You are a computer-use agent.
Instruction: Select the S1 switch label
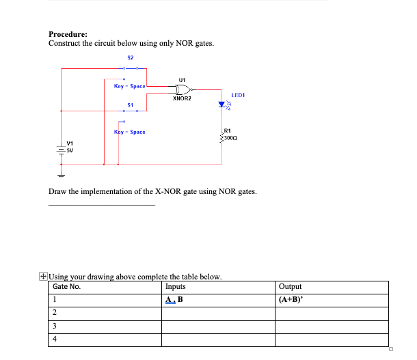[x=130, y=105]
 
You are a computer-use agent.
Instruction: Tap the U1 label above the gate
[x=181, y=79]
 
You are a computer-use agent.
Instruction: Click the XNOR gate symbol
[x=182, y=89]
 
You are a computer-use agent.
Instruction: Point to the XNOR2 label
[x=182, y=98]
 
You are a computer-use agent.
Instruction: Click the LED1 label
[x=238, y=95]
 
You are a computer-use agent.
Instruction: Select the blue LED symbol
[x=221, y=106]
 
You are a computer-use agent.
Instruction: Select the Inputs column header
[x=176, y=287]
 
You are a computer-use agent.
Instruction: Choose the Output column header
[x=291, y=287]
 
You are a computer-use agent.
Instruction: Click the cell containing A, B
[x=174, y=299]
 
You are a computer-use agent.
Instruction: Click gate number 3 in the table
[x=55, y=325]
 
